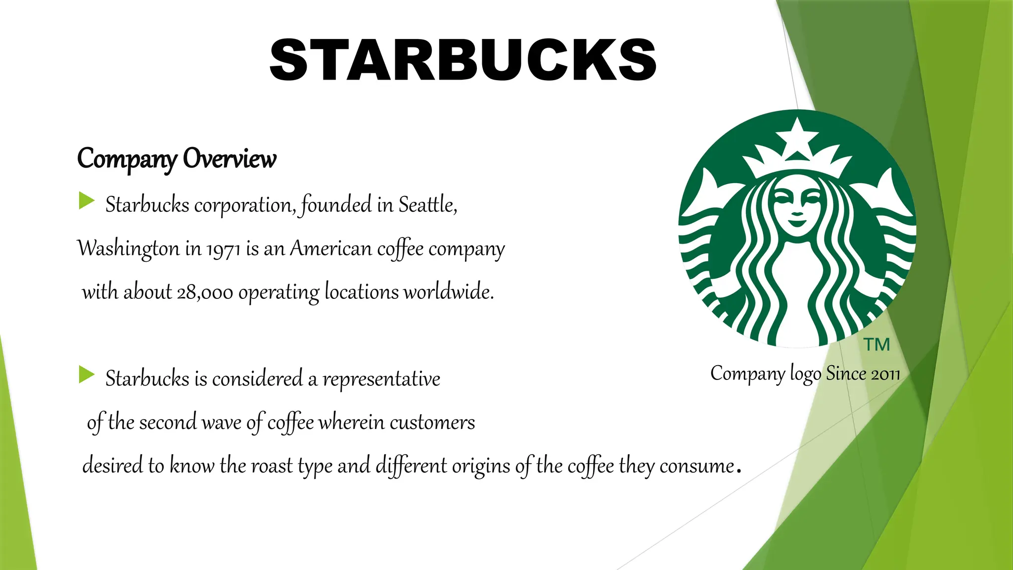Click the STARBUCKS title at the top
coord(463,60)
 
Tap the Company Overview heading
coord(177,159)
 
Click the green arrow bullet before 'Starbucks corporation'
coord(87,201)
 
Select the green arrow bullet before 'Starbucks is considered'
coord(87,375)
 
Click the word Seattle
coord(427,205)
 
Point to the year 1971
coord(224,249)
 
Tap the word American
coord(330,248)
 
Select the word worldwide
coord(448,292)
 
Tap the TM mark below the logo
coord(876,344)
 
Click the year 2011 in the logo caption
coord(885,374)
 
